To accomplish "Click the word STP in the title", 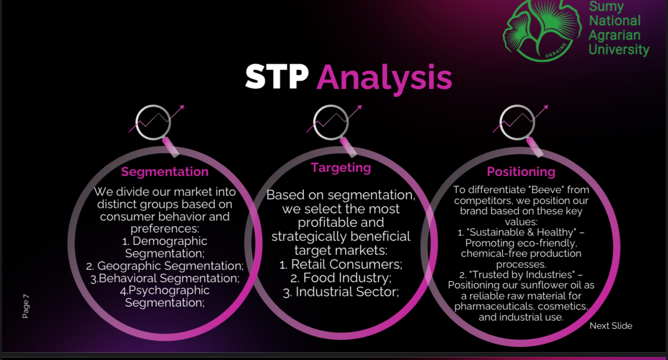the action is coord(277,77).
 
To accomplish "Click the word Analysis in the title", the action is coord(384,79).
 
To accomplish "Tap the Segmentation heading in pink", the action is coord(165,172).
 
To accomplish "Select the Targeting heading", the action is coord(341,168).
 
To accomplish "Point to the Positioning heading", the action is coord(521,172).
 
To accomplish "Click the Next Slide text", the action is coord(611,326).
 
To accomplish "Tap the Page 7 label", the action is coord(26,306).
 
